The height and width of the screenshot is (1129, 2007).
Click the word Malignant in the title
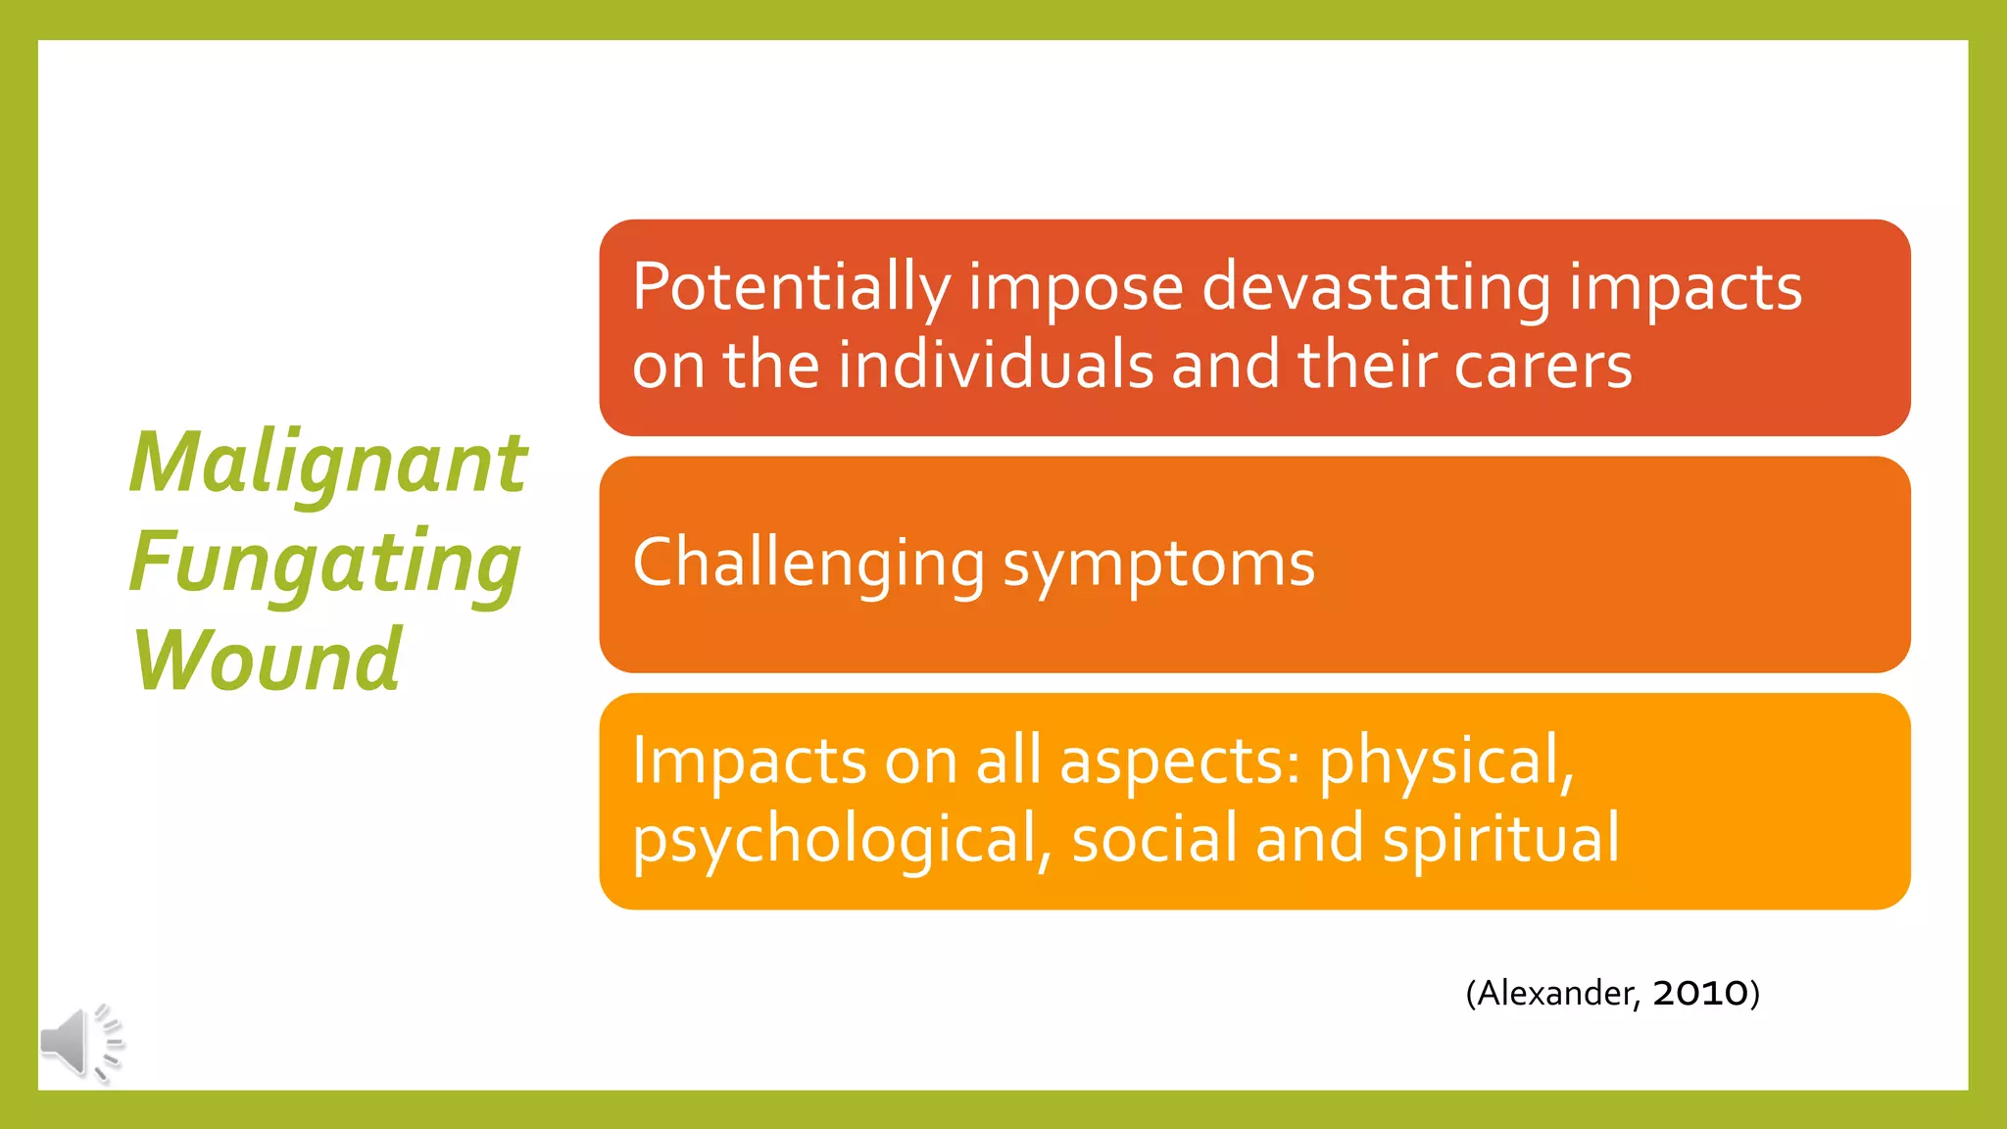(328, 463)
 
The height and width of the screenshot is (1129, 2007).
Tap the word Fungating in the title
(324, 563)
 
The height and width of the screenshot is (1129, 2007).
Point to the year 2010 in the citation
(1700, 993)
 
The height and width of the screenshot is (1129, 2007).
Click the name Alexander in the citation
(1554, 993)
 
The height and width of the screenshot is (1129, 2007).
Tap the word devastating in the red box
(1376, 288)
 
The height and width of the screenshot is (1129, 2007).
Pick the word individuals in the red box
(996, 366)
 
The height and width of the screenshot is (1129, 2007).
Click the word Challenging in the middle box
(808, 564)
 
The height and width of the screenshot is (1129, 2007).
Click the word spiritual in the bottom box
(1500, 840)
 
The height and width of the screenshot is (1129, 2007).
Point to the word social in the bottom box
(1155, 840)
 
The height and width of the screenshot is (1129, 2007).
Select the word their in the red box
(1366, 366)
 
